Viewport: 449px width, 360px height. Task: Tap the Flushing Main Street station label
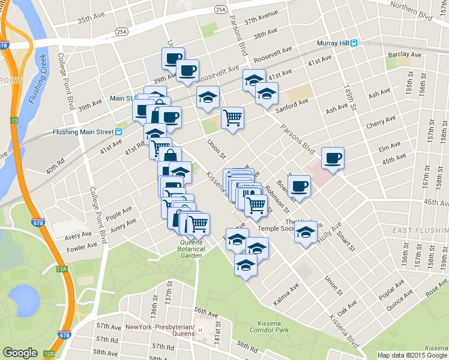coord(83,131)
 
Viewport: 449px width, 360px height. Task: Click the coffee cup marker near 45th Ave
coord(333,158)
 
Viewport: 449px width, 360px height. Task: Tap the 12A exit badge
coord(62,269)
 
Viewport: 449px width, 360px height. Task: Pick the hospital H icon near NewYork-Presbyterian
coord(202,331)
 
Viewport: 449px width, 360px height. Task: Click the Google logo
coord(20,353)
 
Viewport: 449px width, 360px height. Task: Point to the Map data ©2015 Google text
coord(412,355)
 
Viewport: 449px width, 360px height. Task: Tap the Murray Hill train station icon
coord(355,43)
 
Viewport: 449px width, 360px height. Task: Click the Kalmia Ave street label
coord(286,295)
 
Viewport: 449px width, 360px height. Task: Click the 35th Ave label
coord(92,20)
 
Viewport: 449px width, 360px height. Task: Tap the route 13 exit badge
coord(13,121)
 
